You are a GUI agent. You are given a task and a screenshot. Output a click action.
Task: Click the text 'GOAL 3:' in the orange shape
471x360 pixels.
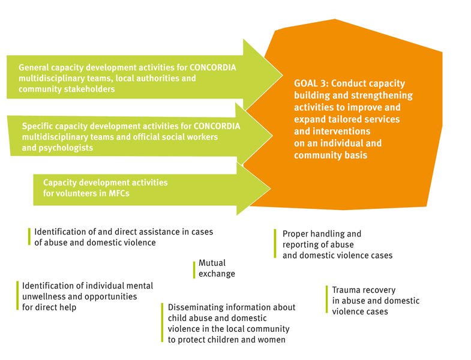tap(311, 83)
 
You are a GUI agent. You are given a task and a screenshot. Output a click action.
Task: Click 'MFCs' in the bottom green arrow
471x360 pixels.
tap(119, 193)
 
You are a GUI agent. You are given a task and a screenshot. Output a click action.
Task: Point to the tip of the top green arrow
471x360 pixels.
tap(283, 75)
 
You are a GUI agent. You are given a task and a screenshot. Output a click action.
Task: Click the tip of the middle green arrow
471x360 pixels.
tap(272, 136)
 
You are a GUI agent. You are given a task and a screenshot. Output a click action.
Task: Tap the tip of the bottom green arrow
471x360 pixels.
tap(271, 189)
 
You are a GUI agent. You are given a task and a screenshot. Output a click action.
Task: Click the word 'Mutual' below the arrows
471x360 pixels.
tap(212, 263)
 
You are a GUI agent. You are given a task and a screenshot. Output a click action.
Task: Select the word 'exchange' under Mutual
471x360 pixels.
tap(217, 274)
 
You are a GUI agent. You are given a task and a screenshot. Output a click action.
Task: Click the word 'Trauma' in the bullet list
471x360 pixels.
tap(346, 290)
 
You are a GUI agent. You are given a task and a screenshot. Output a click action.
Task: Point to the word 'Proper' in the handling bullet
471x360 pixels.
tap(295, 234)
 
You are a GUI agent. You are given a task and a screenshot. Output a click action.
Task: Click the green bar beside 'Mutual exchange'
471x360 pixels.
tap(194, 270)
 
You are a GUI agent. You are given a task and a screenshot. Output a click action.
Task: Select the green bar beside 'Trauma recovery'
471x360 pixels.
tap(327, 299)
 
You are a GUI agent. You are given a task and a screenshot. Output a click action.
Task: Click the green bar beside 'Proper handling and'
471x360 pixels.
tap(275, 244)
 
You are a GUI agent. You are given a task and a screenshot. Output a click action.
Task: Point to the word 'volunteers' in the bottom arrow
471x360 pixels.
tap(77, 193)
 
